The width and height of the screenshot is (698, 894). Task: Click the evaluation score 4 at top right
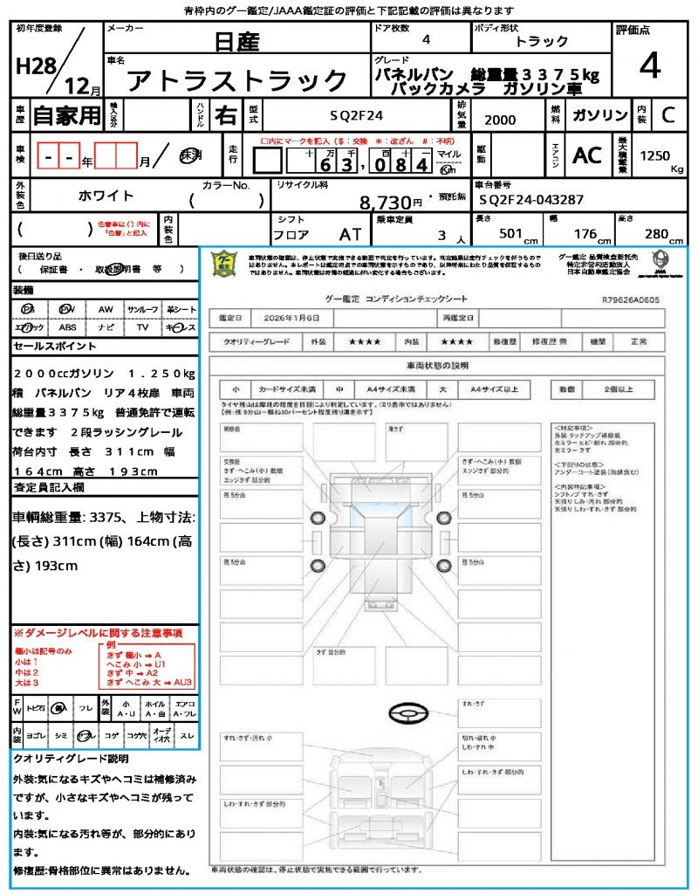point(648,66)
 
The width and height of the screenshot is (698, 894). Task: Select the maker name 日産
point(236,41)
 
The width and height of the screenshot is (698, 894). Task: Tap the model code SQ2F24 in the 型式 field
point(356,114)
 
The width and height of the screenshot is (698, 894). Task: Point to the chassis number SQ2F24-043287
point(531,200)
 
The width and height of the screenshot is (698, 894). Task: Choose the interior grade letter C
point(667,115)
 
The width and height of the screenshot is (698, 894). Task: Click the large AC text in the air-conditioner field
point(587,155)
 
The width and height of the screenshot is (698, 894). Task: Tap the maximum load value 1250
point(655,155)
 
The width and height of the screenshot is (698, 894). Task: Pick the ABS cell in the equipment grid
point(67,327)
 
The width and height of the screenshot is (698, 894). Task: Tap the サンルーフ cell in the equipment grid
point(142,309)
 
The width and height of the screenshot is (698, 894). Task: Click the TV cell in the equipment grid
point(142,327)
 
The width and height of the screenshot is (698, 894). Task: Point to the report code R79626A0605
point(631,299)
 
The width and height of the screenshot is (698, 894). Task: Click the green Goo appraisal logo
point(226,264)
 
